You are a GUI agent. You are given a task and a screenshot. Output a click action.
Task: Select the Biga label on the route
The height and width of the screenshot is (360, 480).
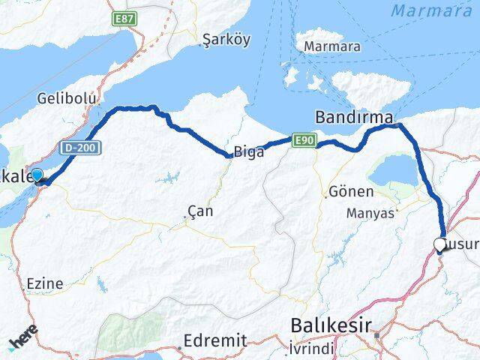pos(248,152)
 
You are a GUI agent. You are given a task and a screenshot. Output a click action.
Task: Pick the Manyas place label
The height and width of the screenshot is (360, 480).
pos(370,213)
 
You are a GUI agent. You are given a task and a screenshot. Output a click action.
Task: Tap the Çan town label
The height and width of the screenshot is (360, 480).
pos(200,211)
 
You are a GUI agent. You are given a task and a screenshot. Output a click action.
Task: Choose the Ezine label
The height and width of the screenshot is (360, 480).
pos(44,283)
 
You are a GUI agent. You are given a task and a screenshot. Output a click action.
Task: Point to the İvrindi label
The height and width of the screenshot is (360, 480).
pos(311,348)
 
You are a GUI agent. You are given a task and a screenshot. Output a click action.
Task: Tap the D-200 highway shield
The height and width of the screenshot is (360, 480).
pos(79,148)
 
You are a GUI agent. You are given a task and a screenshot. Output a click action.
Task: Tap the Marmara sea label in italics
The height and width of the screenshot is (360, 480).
pos(431,11)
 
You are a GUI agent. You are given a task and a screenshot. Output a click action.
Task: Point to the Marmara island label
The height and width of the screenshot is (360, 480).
pos(331,46)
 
